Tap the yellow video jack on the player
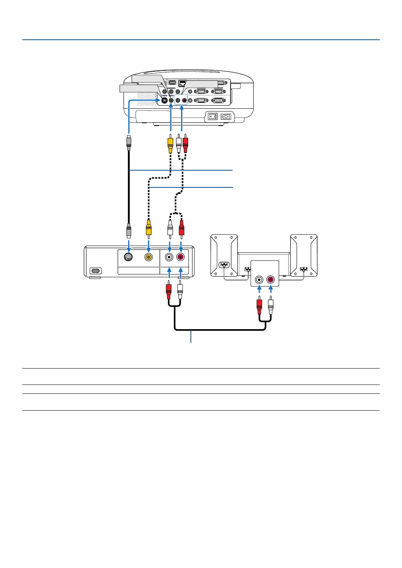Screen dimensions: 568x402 click(148, 257)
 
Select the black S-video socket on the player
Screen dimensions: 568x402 click(129, 257)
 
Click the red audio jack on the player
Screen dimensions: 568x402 click(181, 257)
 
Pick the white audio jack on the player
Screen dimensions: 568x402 click(169, 257)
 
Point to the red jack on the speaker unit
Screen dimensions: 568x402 click(271, 279)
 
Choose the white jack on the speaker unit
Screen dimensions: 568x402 click(259, 279)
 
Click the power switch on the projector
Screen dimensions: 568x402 click(212, 116)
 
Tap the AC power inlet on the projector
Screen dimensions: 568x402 click(226, 116)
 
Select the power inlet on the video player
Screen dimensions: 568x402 click(95, 270)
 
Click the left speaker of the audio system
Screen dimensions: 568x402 click(224, 255)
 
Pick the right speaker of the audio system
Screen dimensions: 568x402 click(304, 255)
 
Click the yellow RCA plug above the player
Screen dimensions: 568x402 click(148, 228)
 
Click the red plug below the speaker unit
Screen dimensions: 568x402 click(259, 304)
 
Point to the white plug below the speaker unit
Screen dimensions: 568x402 click(271, 304)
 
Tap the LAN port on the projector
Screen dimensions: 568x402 click(183, 83)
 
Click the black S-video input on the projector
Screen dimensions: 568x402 click(164, 100)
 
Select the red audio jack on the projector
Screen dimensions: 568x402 click(184, 100)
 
